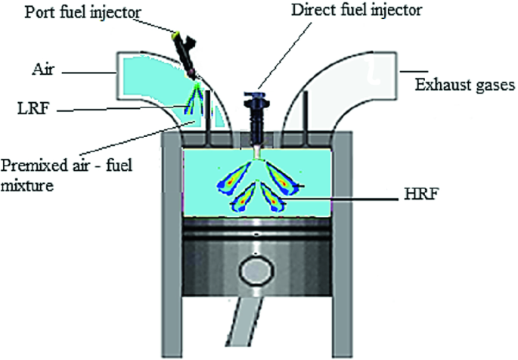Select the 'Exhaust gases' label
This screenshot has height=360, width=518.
(464, 82)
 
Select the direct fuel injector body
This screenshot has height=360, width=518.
(258, 121)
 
